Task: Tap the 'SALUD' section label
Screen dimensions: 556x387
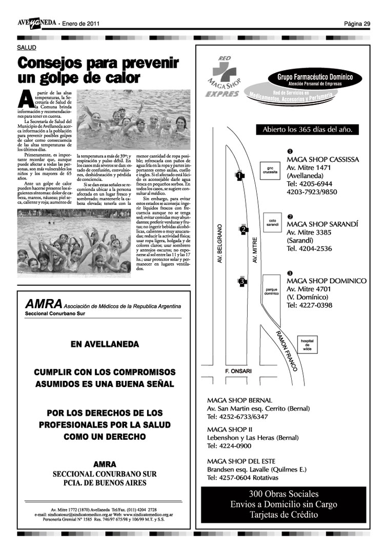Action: coord(27,48)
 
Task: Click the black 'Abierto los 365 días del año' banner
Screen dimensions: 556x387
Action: coord(307,130)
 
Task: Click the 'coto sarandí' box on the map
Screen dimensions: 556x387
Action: coord(273,223)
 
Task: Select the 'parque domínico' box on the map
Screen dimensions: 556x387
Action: coord(271,291)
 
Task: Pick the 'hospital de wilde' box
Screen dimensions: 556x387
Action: coord(307,345)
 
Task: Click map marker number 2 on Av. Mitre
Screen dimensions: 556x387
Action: coord(243,230)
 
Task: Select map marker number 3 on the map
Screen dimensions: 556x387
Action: coord(241,281)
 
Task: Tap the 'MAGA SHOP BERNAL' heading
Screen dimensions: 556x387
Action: coord(239,400)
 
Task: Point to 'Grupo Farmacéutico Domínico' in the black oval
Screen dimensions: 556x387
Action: coord(312,77)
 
